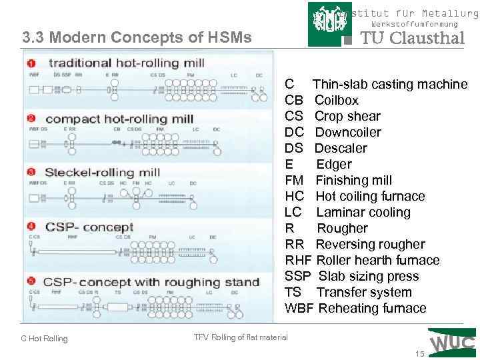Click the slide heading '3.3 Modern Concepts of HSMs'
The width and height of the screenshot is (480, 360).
click(137, 37)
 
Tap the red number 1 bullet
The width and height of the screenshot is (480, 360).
click(31, 63)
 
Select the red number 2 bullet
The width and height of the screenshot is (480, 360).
click(31, 119)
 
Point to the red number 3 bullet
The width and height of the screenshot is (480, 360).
click(31, 172)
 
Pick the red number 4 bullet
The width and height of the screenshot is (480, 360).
click(31, 227)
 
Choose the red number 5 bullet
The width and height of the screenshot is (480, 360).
click(31, 282)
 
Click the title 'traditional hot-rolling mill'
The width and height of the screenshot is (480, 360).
click(117, 63)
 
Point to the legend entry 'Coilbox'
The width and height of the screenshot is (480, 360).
click(337, 101)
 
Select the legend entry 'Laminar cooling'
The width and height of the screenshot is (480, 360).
click(363, 213)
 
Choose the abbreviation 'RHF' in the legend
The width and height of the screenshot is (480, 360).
click(298, 261)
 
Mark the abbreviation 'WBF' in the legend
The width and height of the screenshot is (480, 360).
click(299, 309)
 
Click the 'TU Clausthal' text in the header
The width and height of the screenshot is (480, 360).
click(412, 38)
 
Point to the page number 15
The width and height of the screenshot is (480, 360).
click(419, 353)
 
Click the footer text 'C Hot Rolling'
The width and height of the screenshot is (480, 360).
click(44, 339)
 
